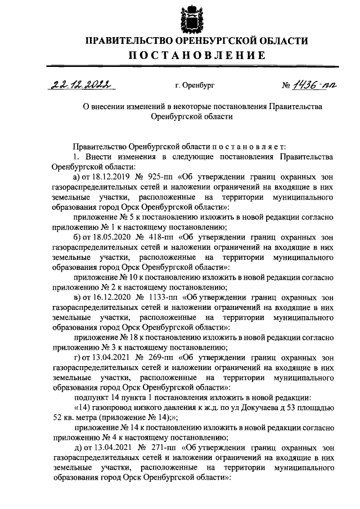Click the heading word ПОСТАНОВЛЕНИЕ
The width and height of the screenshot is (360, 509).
[x=196, y=55]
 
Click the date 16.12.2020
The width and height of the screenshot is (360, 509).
[x=107, y=295]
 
